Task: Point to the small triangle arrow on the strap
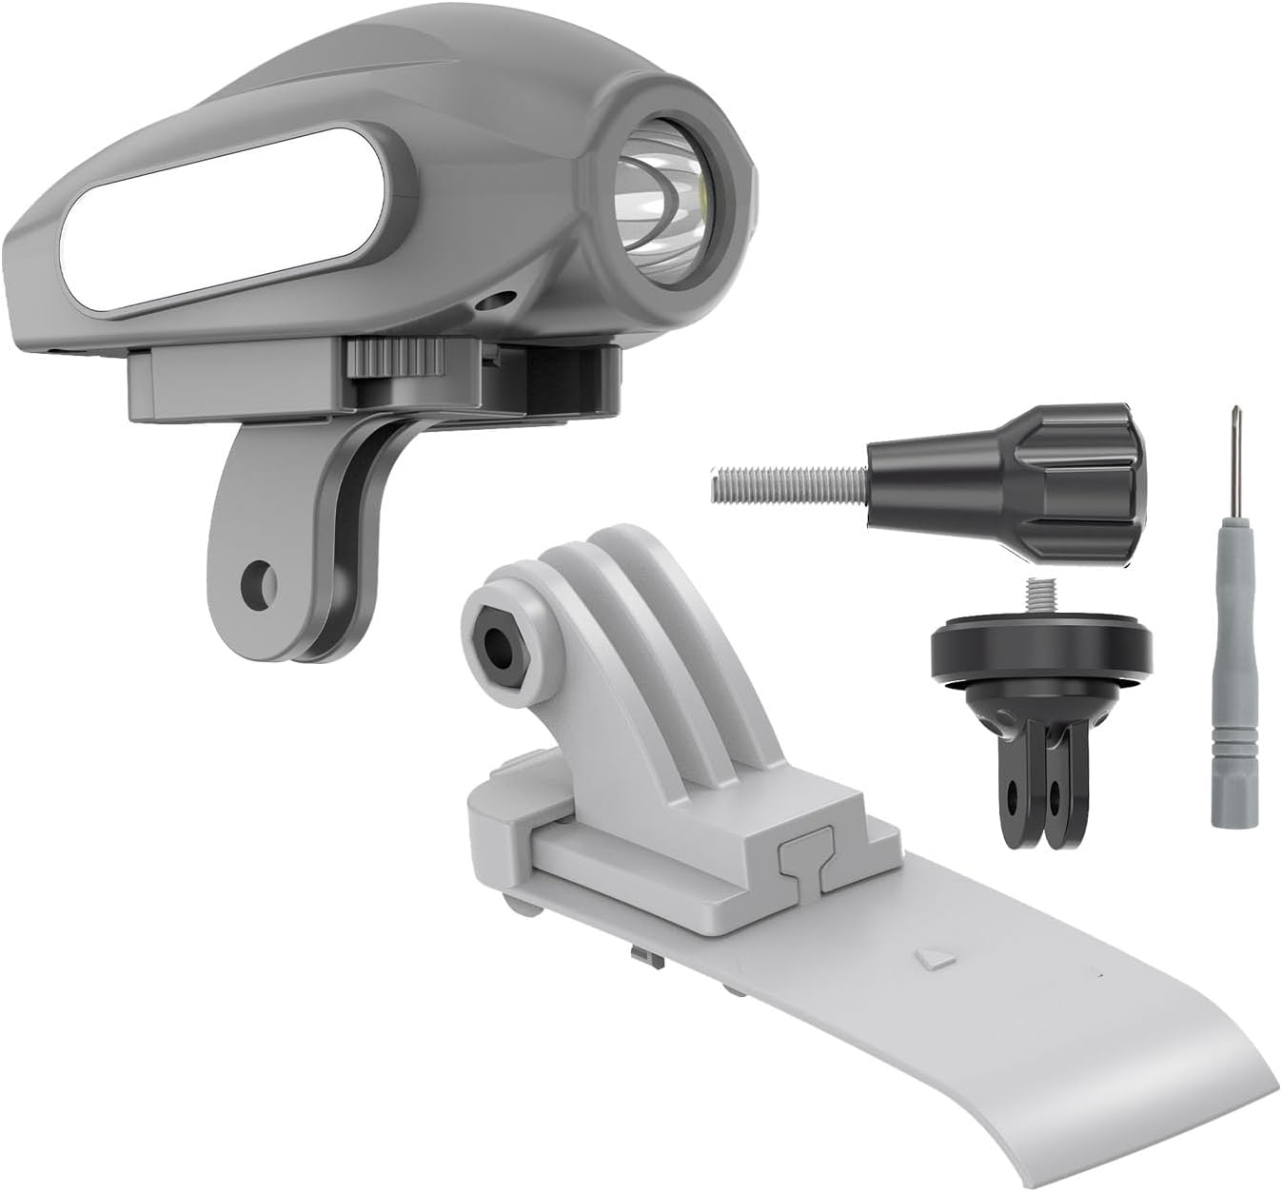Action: click(928, 958)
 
